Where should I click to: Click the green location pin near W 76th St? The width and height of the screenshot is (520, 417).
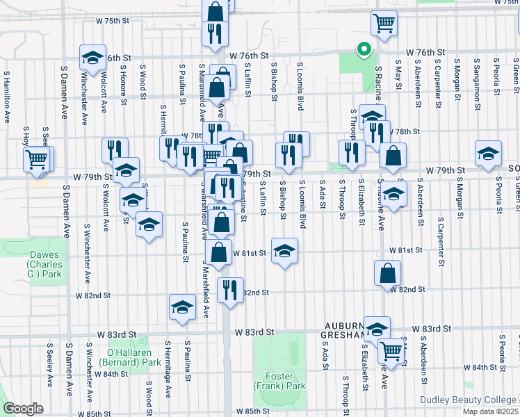[362, 49]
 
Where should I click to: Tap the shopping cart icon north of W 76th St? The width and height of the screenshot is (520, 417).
[383, 24]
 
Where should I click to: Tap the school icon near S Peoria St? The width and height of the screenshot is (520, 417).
[488, 154]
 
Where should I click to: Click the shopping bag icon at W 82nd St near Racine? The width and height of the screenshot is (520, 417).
[387, 274]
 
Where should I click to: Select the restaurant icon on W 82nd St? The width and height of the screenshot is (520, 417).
[230, 288]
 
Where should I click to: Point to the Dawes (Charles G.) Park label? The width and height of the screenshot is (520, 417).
[45, 264]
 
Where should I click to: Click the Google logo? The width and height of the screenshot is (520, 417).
[24, 409]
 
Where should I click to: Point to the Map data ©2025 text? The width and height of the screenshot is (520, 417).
[491, 411]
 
